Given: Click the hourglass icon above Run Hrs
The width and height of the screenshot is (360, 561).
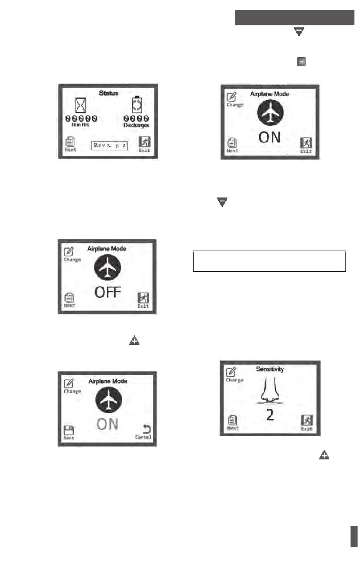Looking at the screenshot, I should coord(81,105).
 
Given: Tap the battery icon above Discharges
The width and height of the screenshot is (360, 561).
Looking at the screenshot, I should coord(137,104).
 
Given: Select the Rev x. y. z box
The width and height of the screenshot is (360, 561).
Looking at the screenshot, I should coord(110,145).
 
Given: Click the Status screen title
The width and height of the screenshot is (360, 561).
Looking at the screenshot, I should coord(108,93).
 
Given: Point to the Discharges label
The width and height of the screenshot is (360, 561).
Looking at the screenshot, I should coord(136,125).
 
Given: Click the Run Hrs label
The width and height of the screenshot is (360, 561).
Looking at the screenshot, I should coord(80,125).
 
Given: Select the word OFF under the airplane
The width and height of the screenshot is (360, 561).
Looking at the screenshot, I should coord(108,292).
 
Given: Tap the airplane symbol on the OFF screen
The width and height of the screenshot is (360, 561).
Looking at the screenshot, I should coord(108,267).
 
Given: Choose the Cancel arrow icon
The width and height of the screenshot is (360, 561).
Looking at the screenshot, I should coord(146,429).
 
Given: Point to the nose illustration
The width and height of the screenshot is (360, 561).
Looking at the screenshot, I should coord(269,392).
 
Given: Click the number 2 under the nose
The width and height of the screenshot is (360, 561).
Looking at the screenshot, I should coord(270,415).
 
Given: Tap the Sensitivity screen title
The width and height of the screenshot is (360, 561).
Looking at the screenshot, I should coord(270,369).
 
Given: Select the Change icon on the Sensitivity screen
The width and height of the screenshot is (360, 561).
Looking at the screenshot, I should coord(231,373).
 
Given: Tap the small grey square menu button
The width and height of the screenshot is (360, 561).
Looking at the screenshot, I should coord(301,61).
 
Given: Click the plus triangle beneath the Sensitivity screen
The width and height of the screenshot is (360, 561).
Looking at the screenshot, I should coord(324,455).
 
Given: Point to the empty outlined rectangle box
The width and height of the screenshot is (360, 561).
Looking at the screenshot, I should coord(269,261).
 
